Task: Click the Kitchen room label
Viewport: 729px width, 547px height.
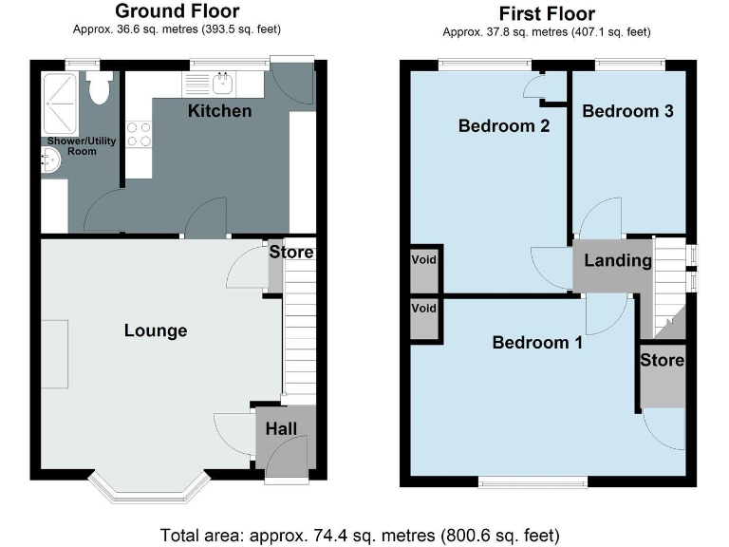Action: point(219,111)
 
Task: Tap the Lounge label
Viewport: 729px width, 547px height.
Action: point(156,330)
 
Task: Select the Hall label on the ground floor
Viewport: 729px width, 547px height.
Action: point(282,428)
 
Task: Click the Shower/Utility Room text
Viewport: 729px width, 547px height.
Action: point(82,145)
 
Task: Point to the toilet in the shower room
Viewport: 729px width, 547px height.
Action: point(97,89)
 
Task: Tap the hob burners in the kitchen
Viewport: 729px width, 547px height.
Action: point(140,134)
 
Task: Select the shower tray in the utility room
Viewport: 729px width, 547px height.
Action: point(62,95)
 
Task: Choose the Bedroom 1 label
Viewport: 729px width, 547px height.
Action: point(537,342)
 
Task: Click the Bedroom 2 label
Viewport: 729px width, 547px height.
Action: point(504,126)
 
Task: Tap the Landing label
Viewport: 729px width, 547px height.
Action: point(617,260)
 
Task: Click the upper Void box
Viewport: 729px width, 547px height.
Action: point(423,260)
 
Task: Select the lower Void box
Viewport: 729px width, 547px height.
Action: point(423,310)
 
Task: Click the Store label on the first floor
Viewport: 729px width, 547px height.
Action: point(662,360)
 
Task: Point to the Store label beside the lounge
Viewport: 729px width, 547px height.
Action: point(290,253)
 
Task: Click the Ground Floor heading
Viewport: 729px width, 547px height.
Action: point(178,11)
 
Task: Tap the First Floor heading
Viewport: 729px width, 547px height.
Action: point(547,13)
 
